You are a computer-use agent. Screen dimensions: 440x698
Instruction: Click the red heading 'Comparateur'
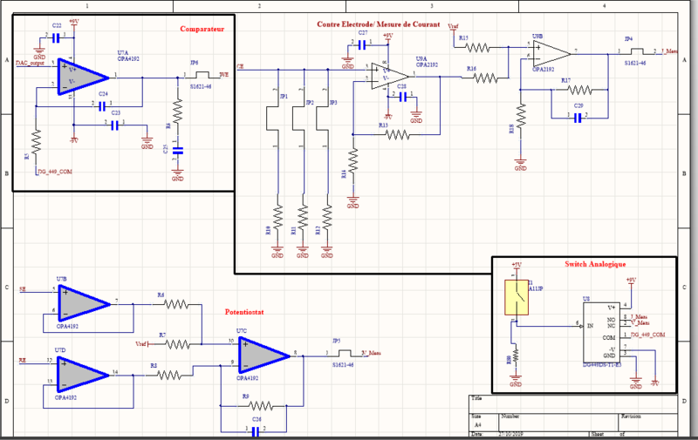202,30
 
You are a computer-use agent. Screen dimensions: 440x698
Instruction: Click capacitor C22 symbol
57,38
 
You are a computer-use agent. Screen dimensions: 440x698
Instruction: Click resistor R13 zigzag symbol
399,135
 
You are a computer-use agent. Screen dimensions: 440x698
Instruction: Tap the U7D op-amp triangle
85,372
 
